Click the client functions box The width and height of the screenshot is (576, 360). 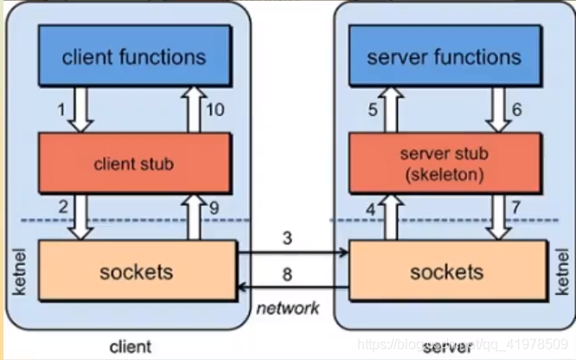134,57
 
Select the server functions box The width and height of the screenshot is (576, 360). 444,57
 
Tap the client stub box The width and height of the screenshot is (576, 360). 134,162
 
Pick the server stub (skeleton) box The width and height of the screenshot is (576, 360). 444,162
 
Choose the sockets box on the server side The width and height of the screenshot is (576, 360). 446,272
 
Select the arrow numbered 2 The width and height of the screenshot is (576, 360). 80,215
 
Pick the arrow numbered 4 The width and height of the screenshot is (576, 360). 391,215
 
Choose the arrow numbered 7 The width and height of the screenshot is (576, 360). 500,215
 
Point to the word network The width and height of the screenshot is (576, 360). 290,308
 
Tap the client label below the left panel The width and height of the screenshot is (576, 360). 131,347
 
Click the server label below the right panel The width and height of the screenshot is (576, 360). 446,347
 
